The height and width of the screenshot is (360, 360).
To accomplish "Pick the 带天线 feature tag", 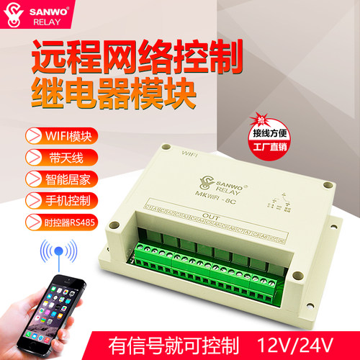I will [x=54, y=156].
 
